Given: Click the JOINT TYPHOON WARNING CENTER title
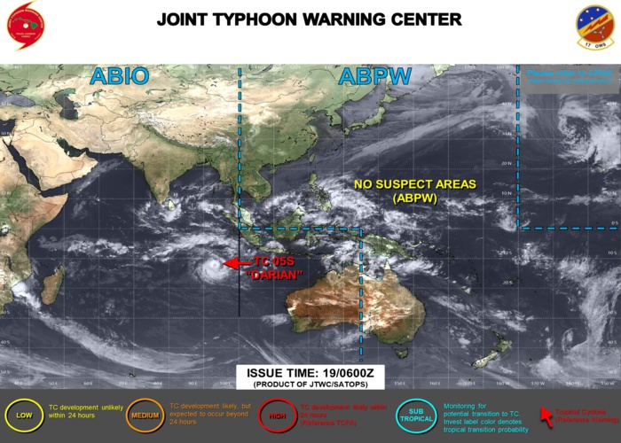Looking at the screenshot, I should [x=309, y=19].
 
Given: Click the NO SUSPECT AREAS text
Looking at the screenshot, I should [x=415, y=184].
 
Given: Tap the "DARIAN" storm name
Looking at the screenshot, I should [x=274, y=275].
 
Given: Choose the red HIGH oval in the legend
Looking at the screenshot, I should [x=276, y=414].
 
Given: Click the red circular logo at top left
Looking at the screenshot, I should [x=28, y=26].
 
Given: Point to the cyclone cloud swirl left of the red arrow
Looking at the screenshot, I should [x=211, y=265].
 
